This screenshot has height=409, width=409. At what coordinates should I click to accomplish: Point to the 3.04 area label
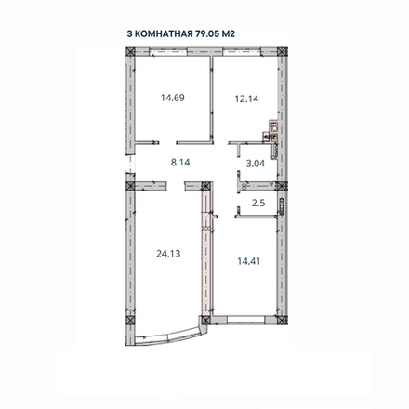coord(254,167)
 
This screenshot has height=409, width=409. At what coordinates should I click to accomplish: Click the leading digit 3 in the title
coord(130,33)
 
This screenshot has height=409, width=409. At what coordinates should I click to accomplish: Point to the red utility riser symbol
coord(270,131)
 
